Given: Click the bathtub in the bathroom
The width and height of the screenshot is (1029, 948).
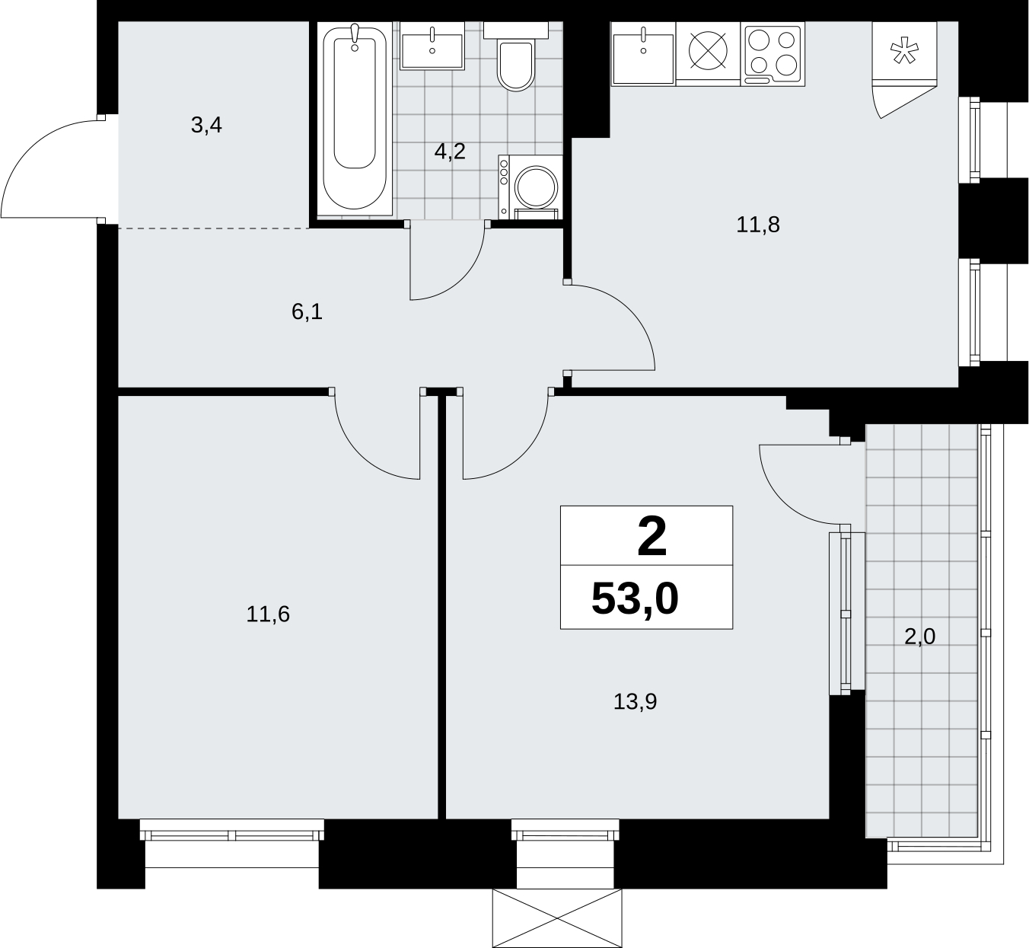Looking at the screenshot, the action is click(355, 119).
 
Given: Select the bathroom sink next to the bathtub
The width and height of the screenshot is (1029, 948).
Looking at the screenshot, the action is click(432, 46).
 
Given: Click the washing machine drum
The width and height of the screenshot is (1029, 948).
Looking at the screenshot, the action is click(536, 187).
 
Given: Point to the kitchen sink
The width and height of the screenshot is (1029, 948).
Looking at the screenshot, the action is click(643, 54).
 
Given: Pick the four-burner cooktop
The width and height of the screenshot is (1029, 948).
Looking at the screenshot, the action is click(773, 54).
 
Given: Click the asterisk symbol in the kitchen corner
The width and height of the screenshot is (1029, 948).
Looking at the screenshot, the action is click(904, 53).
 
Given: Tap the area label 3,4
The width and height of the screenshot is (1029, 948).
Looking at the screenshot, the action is click(206, 125).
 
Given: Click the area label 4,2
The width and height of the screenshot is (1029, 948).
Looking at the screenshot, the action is click(450, 152).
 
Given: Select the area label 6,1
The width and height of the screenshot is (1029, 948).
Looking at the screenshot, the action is click(307, 311).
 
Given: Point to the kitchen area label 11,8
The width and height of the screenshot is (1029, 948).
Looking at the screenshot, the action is click(757, 225).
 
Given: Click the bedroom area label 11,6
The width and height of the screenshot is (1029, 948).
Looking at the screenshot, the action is click(268, 614).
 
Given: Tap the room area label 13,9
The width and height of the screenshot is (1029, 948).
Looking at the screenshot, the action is click(635, 701).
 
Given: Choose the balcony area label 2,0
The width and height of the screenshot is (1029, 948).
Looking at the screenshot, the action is click(919, 637).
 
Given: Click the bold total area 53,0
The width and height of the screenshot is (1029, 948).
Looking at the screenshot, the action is click(635, 599).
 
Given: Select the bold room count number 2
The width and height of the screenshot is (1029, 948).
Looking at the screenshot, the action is click(652, 537).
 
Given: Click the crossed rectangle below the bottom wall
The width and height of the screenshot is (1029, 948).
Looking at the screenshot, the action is click(557, 918).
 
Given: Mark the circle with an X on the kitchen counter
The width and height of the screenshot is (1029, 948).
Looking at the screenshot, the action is click(708, 50).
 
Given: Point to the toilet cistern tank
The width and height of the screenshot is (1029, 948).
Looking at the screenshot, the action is click(515, 30).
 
